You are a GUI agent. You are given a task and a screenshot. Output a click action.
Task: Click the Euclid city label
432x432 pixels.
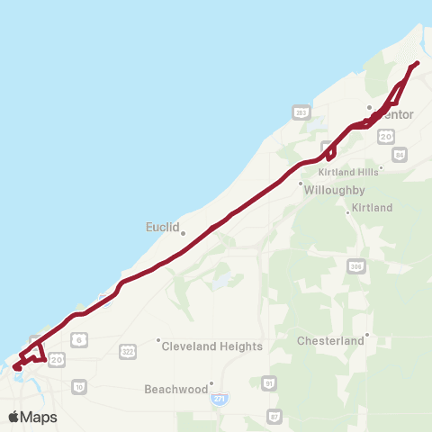163,227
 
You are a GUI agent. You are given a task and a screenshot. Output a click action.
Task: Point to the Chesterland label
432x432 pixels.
331,341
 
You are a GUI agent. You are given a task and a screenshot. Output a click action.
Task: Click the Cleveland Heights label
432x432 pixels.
212,346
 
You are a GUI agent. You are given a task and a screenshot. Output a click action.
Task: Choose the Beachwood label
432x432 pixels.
175,390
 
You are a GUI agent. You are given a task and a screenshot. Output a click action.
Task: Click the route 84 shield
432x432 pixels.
400,155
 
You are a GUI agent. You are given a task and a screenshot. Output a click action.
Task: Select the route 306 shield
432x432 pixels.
355,265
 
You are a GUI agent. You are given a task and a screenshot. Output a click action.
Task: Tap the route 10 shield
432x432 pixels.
79,386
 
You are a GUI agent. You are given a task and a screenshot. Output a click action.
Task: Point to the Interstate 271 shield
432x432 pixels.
220,397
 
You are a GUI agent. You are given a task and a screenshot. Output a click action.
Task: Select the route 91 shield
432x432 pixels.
267,384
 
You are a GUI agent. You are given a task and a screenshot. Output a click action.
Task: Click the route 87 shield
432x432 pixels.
274,416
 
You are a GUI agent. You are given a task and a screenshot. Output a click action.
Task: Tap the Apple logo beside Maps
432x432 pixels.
14,417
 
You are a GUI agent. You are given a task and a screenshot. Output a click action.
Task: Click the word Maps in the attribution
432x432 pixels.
39,417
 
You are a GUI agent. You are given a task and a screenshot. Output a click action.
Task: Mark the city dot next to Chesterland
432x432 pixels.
368,339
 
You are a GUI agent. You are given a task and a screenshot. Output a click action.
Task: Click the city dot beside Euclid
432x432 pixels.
183,233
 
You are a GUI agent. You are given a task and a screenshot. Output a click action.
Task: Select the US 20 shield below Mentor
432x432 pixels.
385,136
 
